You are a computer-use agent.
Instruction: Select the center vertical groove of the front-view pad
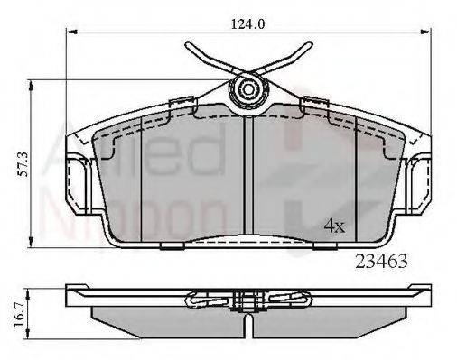tap(248, 180)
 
